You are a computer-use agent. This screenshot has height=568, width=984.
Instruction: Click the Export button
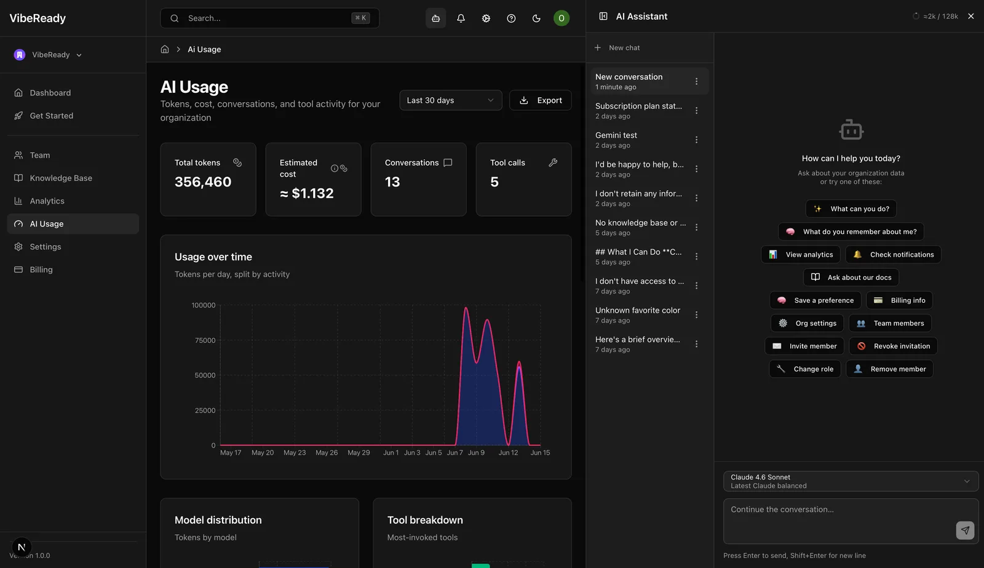[x=541, y=100]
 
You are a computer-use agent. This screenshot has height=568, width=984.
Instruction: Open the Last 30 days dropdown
[x=451, y=100]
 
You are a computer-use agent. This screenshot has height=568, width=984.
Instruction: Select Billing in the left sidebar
[x=41, y=270]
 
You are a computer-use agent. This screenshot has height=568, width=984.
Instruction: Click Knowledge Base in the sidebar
[x=61, y=178]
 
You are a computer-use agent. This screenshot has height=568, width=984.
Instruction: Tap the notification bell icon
[x=461, y=18]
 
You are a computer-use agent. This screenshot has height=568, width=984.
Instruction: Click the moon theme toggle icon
[x=536, y=18]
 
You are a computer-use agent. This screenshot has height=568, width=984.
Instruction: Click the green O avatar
[x=561, y=18]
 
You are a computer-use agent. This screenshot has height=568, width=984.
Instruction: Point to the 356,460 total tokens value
[x=203, y=182]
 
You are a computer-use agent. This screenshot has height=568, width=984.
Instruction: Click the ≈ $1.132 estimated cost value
[x=307, y=193]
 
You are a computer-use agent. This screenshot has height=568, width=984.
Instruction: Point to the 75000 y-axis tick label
[x=205, y=340]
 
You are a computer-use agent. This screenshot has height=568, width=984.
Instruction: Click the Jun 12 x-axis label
[x=508, y=452]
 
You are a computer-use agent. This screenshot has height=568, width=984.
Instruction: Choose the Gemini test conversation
[x=616, y=135]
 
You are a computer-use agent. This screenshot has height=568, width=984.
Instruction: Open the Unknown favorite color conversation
[x=638, y=310]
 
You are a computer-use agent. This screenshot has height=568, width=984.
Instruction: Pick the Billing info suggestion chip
[x=899, y=300]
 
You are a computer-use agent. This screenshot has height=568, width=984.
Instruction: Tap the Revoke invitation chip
[x=893, y=346]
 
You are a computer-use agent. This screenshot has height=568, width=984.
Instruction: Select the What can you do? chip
[x=851, y=209]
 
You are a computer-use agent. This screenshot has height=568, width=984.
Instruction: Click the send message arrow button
[x=965, y=530]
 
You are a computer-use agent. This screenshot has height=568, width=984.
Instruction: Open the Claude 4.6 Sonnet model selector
[x=851, y=481]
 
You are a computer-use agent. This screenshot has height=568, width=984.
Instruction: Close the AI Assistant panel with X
[x=971, y=16]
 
